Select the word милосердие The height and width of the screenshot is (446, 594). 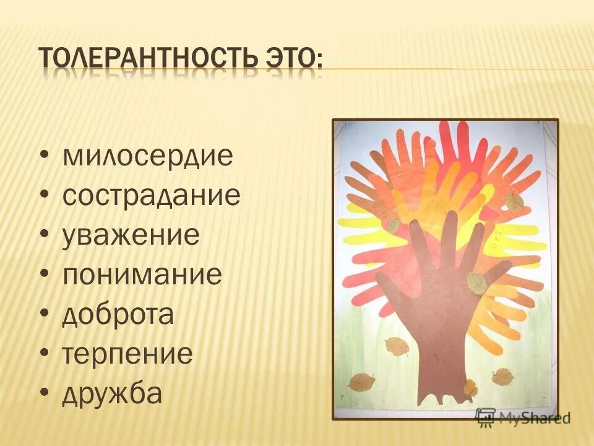[148, 155]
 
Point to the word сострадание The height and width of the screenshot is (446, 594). [152, 196]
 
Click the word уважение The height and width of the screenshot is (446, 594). [131, 235]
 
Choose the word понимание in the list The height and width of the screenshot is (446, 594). [142, 275]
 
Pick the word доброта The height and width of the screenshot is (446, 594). [118, 315]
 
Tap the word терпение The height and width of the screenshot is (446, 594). [127, 354]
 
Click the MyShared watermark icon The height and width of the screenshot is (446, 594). [486, 416]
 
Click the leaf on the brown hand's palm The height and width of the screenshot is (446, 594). [476, 282]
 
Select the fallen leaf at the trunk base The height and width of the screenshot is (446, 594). [470, 387]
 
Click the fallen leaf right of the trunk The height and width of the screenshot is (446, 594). [502, 376]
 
